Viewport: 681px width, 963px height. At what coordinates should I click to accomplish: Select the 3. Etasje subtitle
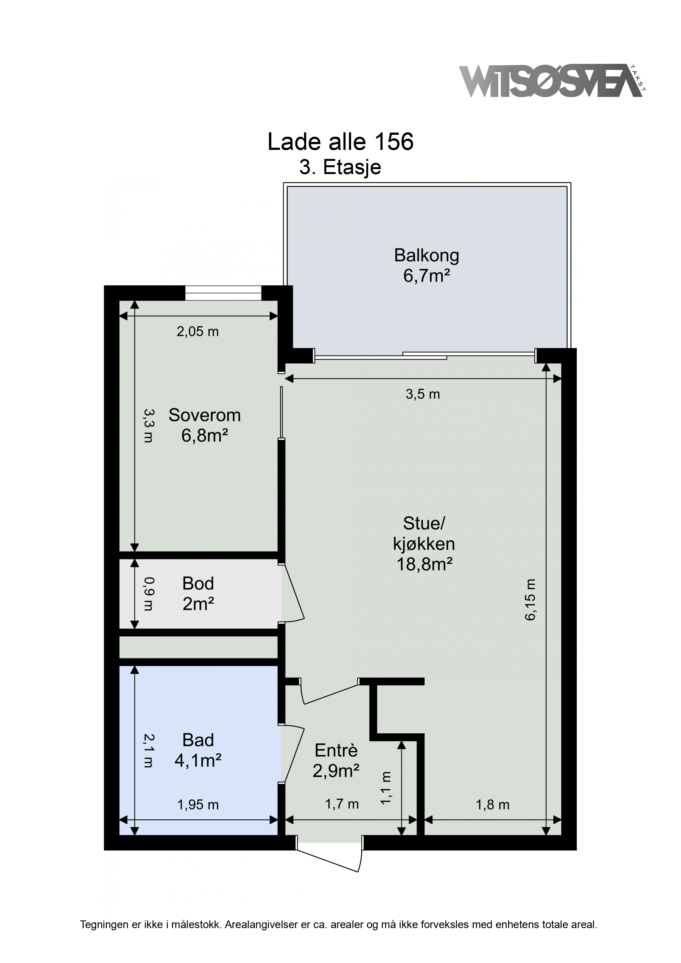pos(340,167)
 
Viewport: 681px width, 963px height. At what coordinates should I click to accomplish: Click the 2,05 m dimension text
pos(198,332)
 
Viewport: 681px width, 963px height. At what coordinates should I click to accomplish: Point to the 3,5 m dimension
pos(423,394)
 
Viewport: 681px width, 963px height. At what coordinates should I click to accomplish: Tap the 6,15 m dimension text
pos(530,599)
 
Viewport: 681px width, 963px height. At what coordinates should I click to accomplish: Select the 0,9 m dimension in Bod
pos(149,594)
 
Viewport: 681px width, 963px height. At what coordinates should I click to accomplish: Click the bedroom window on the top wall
pos(223,293)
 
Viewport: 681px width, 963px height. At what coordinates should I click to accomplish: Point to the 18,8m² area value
pos(424,565)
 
